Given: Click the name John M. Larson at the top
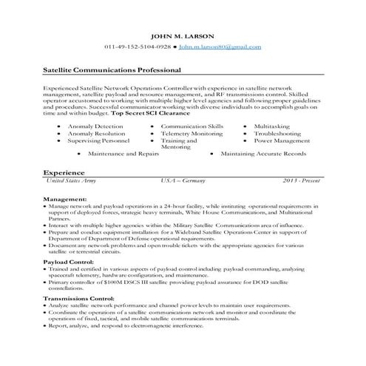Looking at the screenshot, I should coord(183,36).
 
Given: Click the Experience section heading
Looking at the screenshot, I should coord(62,172).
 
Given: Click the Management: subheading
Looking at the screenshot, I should coord(65,200).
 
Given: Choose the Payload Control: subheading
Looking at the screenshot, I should coord(69,262).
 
